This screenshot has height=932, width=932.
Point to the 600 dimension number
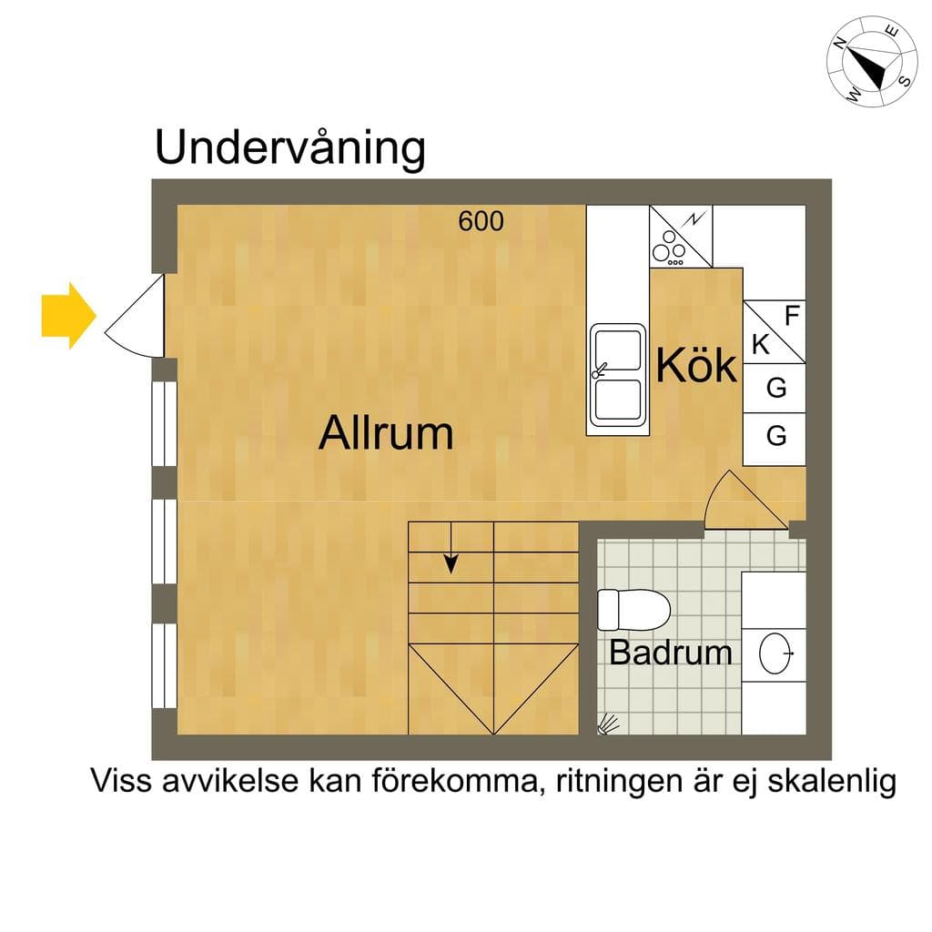point(481,221)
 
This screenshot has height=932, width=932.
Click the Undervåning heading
point(290,147)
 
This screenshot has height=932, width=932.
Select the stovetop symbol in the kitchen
point(681,237)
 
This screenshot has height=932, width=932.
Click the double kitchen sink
point(618,374)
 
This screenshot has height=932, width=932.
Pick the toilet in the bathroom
point(633,609)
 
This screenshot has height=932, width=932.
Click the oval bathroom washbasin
point(775,653)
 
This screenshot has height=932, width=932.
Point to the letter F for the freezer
point(792,316)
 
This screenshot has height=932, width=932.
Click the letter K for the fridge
point(761,344)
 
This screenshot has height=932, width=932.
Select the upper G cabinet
point(775,388)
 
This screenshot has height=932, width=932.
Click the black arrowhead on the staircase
point(451,563)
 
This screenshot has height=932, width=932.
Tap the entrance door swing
point(136,316)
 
